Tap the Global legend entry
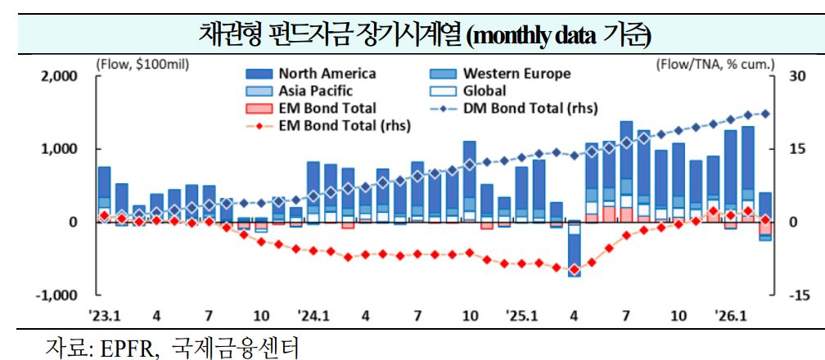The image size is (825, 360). click(484, 91)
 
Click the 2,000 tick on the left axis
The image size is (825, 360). click(60, 76)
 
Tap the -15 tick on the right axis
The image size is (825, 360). click(791, 295)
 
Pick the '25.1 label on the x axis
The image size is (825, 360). click(521, 316)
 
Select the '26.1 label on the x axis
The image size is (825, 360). click(730, 316)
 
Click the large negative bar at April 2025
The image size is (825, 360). click(575, 250)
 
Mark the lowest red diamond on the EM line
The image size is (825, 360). click(575, 269)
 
